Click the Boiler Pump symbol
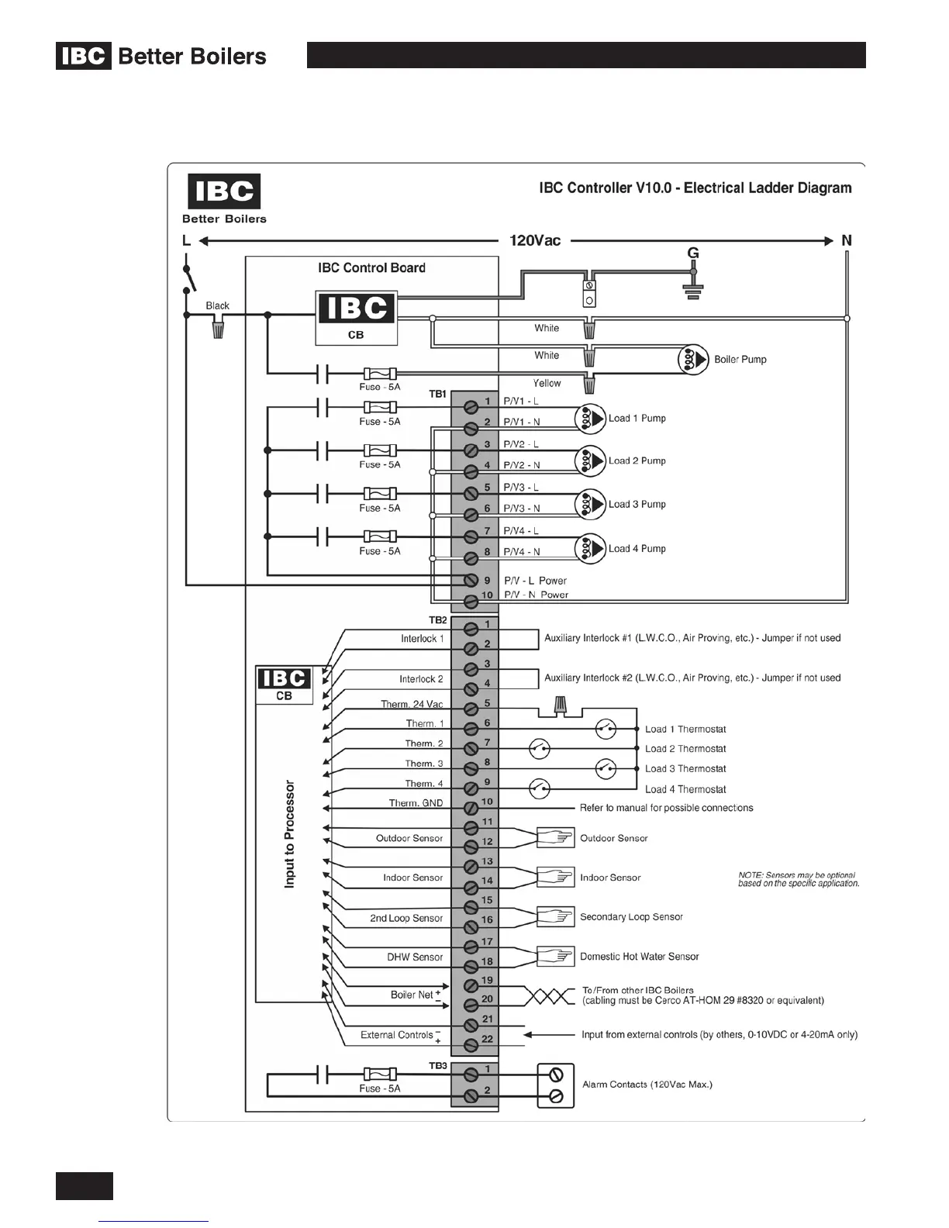[693, 359]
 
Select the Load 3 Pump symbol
[590, 504]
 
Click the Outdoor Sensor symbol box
[555, 837]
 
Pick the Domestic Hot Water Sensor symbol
[555, 956]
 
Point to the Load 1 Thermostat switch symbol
[606, 729]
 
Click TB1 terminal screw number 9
[470, 581]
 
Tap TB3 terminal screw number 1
[470, 1074]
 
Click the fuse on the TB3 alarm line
[380, 1074]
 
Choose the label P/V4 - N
[522, 552]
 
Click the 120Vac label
[535, 240]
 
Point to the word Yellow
[547, 383]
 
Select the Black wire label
[217, 305]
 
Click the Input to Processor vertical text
[290, 833]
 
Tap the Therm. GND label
[416, 803]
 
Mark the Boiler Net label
[412, 995]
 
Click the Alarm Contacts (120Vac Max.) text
[647, 1084]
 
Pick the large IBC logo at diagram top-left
[224, 191]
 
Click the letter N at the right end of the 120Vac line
[847, 240]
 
